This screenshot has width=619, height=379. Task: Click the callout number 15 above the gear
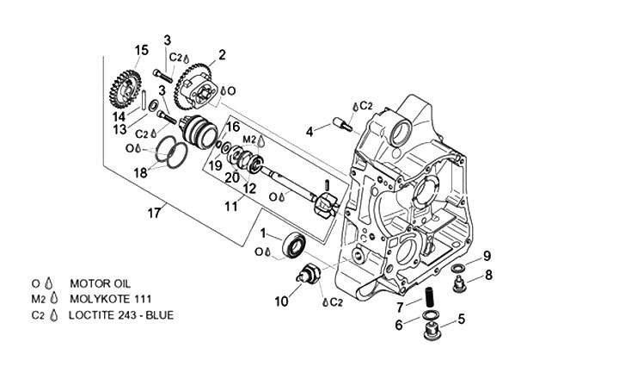click(x=141, y=51)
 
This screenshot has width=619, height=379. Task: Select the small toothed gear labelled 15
click(x=126, y=89)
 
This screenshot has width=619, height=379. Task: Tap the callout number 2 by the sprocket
click(x=222, y=55)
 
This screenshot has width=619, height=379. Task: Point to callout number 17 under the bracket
click(x=155, y=214)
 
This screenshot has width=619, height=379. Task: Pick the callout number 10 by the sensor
click(x=281, y=301)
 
